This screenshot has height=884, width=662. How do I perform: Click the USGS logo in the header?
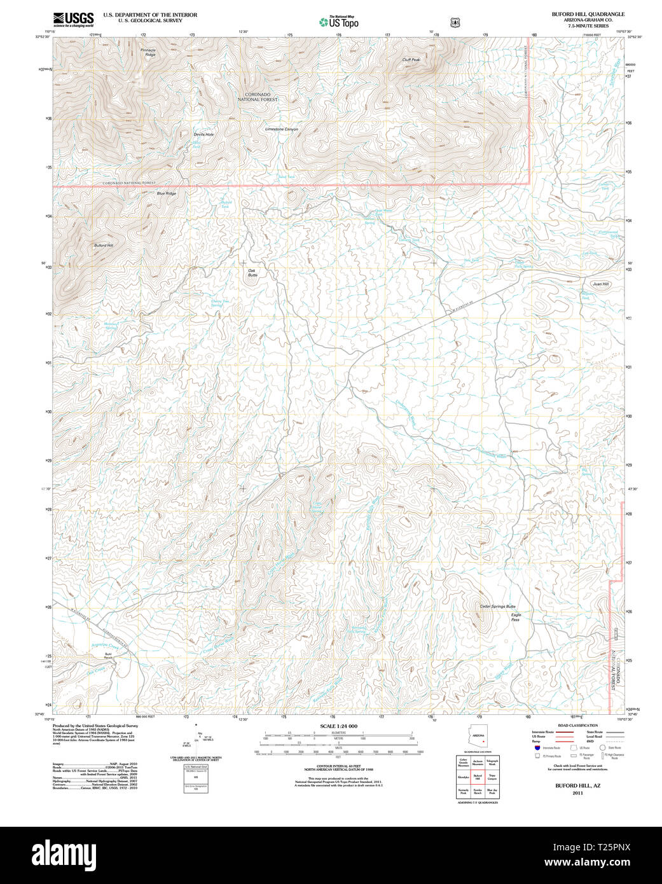coord(73,20)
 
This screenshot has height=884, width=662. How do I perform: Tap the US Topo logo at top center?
coord(339,22)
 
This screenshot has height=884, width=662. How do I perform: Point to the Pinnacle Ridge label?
coord(148,52)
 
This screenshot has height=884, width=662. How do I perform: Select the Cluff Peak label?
coord(411,60)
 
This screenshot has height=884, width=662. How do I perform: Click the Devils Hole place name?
coord(203,135)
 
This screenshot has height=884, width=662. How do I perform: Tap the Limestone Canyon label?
coord(281,129)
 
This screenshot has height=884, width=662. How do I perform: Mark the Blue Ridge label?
coord(166,193)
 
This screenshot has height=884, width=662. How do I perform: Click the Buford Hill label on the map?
coord(104,245)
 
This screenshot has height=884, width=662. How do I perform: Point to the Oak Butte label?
coord(252,273)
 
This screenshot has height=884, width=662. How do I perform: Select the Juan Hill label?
coord(600,284)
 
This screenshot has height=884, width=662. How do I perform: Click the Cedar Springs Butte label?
coord(497,607)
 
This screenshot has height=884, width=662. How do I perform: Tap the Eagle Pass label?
coord(516,617)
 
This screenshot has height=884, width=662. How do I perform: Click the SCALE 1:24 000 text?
coord(338,726)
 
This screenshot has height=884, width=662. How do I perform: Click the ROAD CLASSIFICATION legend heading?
coord(577,726)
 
